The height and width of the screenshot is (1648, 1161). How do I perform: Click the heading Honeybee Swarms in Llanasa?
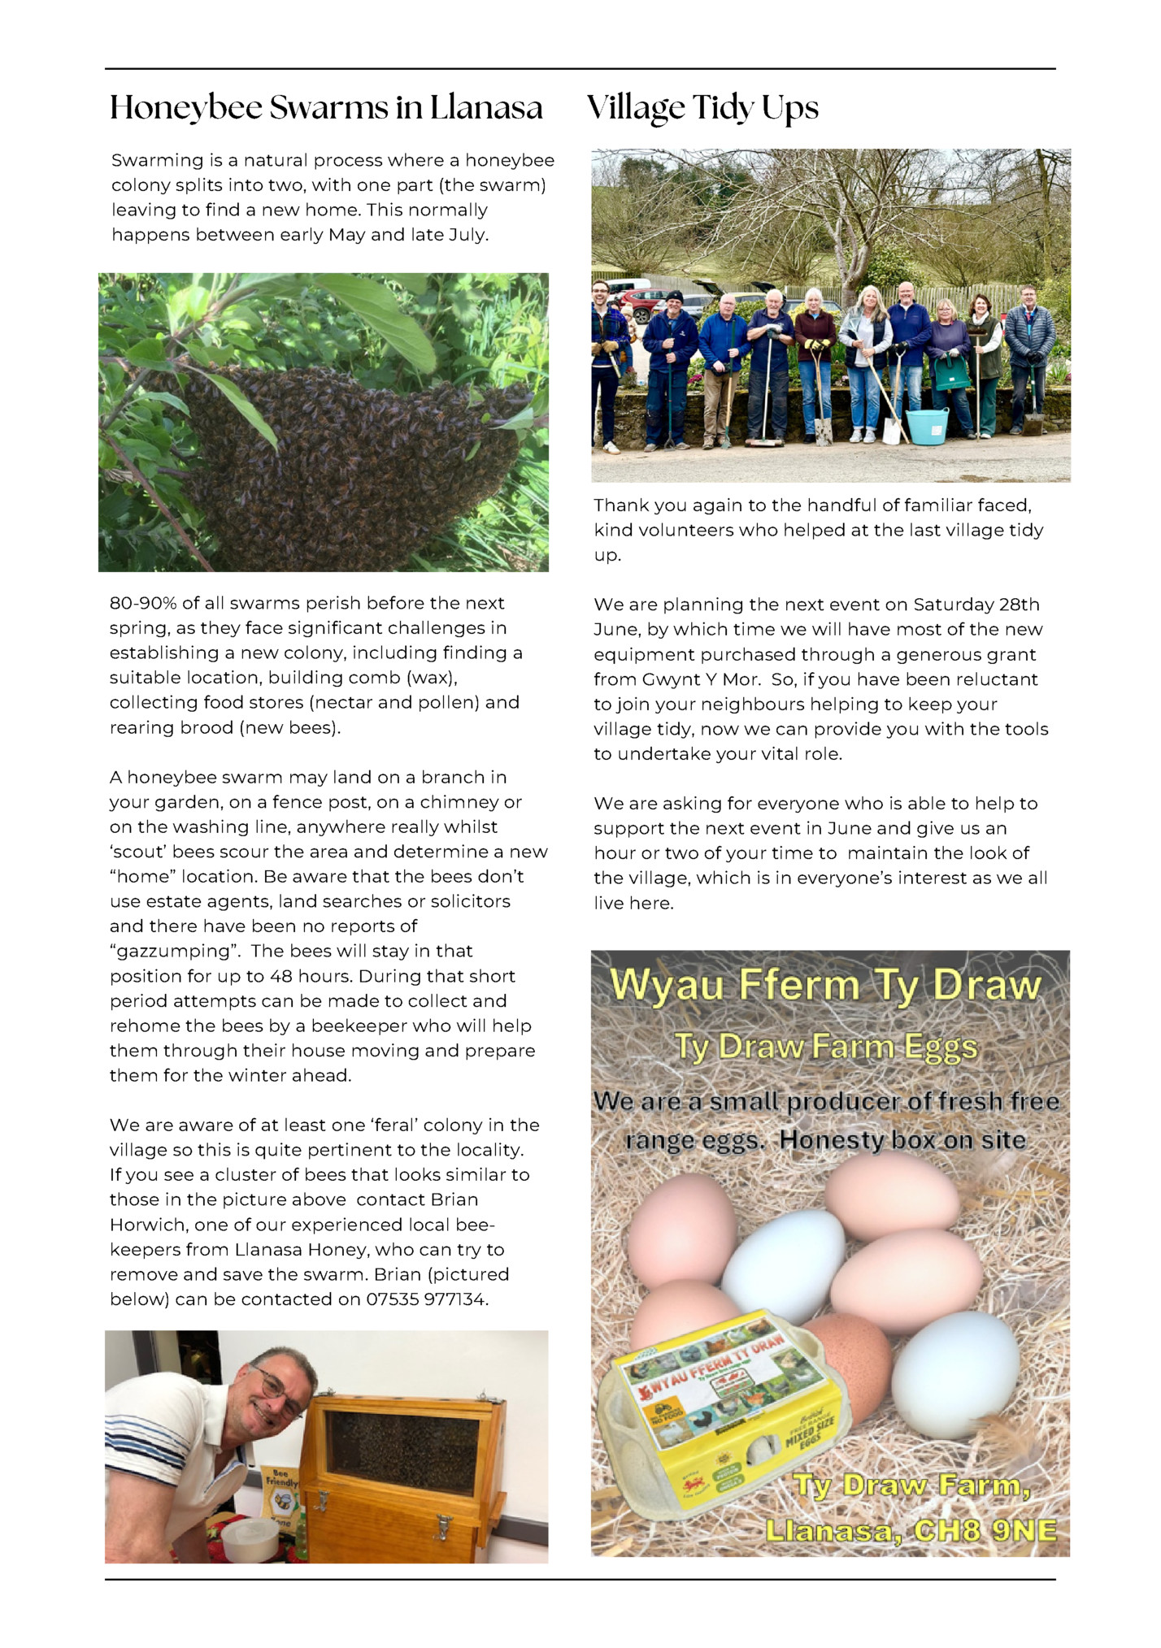[x=326, y=108]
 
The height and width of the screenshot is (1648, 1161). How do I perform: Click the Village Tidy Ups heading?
[x=702, y=108]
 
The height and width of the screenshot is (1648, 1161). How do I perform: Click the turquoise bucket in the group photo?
[x=927, y=426]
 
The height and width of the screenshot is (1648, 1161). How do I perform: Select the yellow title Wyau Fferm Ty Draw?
[x=825, y=986]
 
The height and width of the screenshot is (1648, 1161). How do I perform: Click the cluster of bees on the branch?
[x=350, y=455]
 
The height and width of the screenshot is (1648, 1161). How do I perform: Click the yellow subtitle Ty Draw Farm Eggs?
[x=825, y=1047]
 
